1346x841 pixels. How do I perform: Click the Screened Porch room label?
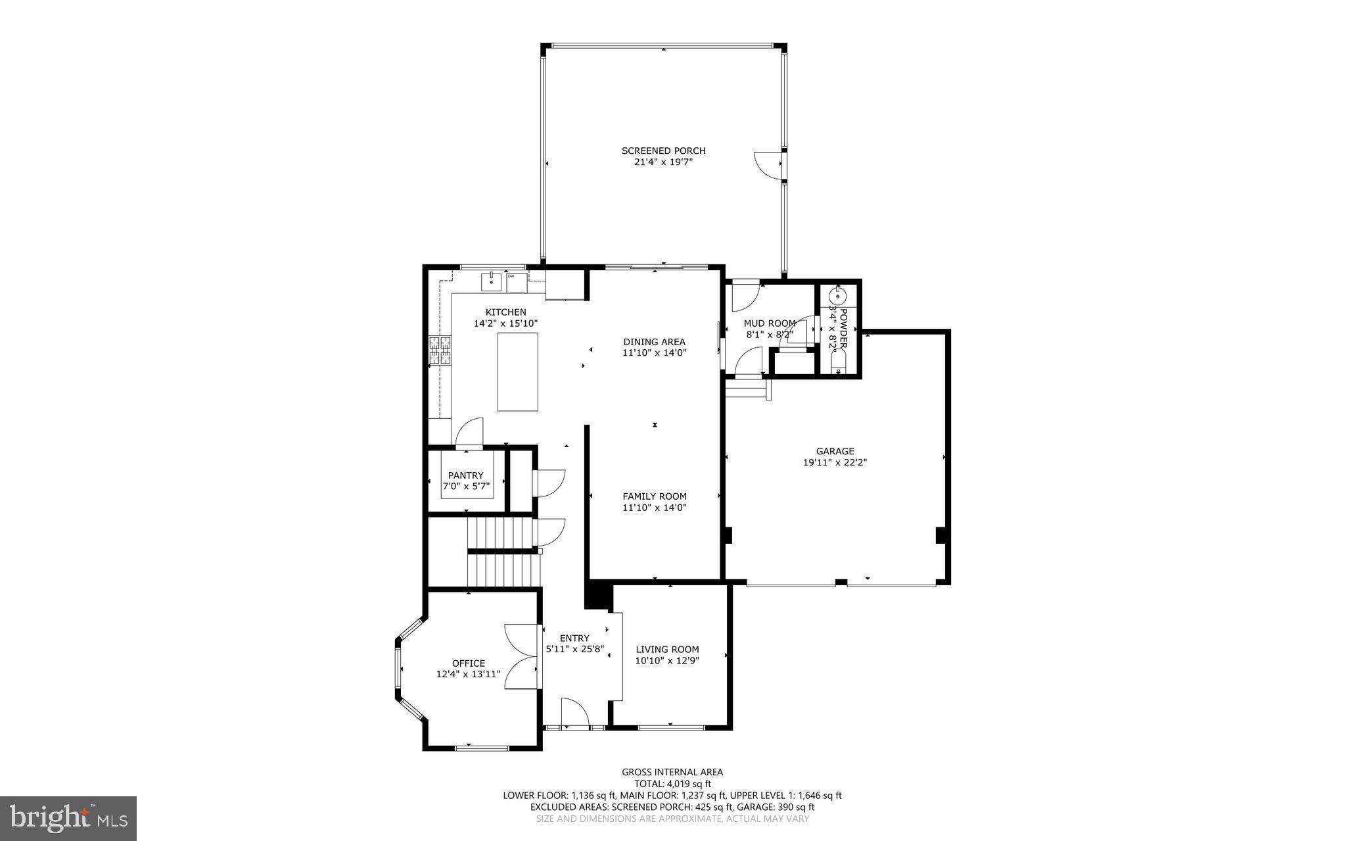tap(663, 151)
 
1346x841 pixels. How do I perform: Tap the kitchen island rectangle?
tap(517, 372)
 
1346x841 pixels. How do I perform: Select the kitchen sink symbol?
tap(491, 282)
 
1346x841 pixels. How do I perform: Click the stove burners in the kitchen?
tap(440, 350)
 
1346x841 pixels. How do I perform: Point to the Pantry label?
tap(465, 475)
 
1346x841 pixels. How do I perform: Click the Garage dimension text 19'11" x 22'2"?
tap(835, 462)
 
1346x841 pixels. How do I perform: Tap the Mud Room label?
tap(769, 323)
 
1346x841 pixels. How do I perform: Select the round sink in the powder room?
tap(837, 297)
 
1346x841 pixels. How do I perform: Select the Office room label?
tap(468, 663)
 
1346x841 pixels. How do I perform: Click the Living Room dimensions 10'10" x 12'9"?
tap(666, 660)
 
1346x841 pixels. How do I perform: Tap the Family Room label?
tap(654, 496)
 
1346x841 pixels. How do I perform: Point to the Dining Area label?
tap(654, 342)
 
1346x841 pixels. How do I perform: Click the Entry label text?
tap(574, 638)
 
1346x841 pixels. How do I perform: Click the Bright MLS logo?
tap(68, 818)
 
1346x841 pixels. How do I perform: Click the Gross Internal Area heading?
tap(672, 772)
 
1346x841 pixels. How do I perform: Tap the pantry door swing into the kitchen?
tap(469, 432)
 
